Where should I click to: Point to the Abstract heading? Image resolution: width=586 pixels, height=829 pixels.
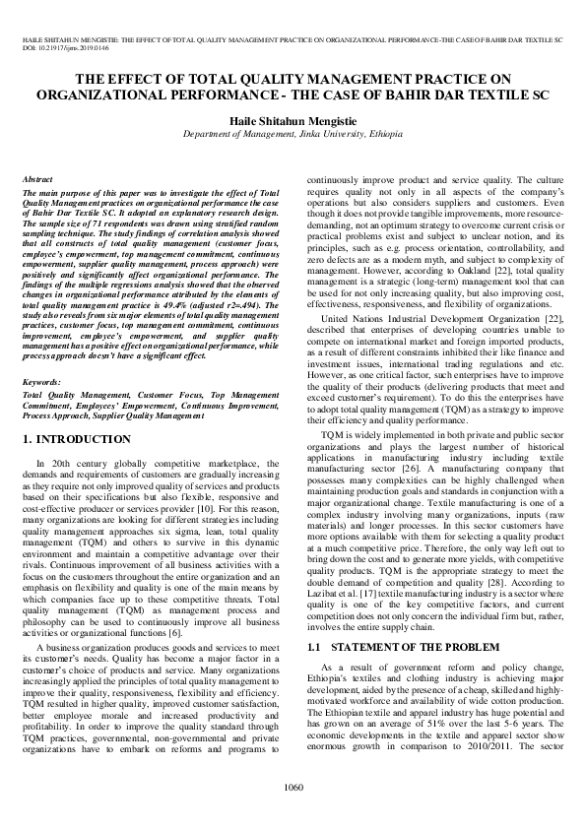tap(37, 180)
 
